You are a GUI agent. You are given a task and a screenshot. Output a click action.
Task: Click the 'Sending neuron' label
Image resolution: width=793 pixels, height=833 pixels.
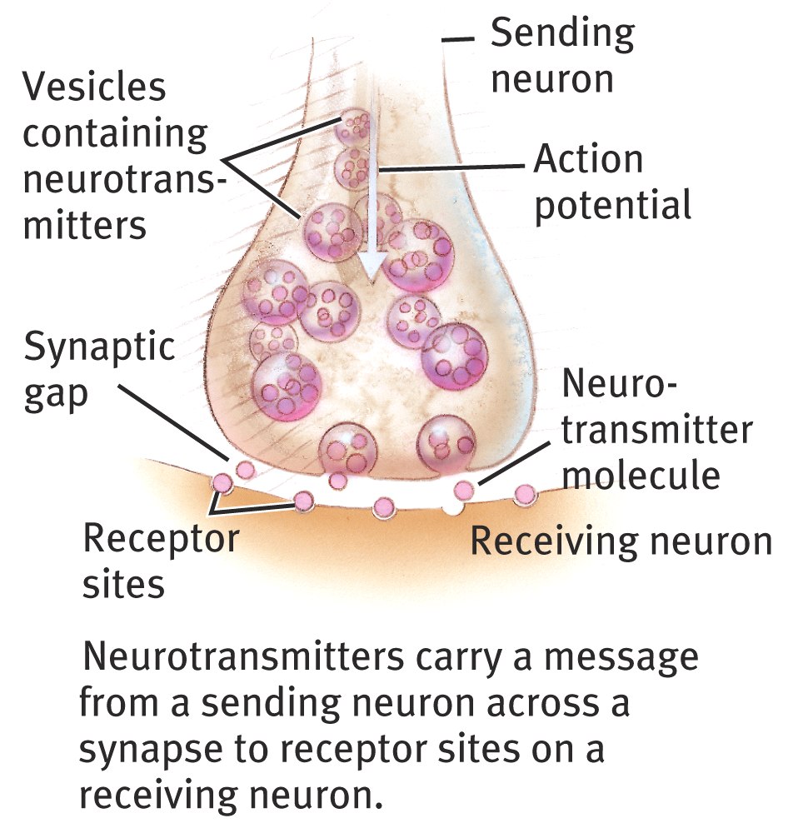562,57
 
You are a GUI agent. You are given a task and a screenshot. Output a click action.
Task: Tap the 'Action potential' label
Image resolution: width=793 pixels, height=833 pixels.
612,182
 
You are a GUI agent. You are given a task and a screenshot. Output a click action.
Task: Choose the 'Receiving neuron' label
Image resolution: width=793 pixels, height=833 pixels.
621,541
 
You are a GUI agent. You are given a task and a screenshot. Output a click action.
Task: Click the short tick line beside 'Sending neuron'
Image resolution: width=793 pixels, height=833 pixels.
459,38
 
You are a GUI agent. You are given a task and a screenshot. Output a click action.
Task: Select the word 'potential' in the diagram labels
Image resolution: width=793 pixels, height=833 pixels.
612,204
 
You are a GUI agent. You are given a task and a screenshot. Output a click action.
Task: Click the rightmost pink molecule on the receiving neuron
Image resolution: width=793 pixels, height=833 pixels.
524,495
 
